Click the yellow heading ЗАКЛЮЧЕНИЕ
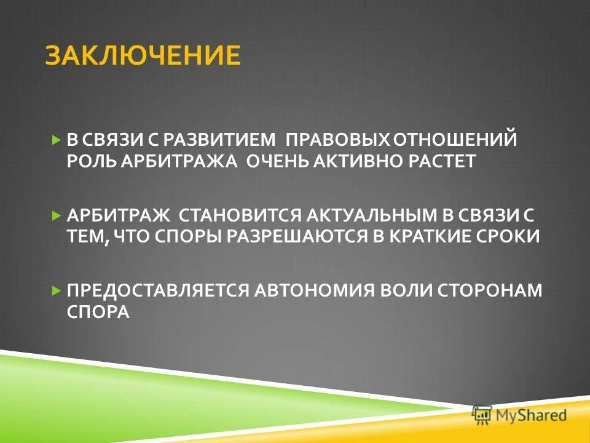[142, 55]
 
